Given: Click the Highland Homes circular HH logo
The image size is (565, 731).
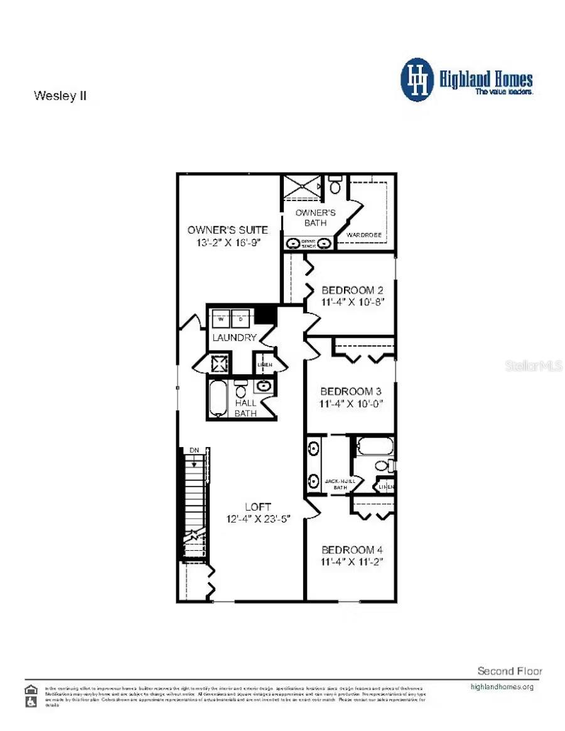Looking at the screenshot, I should (x=417, y=80).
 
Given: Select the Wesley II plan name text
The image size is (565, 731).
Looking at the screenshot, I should (x=60, y=96).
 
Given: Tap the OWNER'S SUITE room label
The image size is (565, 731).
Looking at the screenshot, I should (x=227, y=230).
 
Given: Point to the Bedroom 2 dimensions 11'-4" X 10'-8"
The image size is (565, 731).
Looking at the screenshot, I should (x=352, y=302).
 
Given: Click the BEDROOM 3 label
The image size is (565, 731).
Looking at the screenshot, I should (x=352, y=390).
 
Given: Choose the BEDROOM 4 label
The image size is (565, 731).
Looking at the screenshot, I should (x=352, y=550).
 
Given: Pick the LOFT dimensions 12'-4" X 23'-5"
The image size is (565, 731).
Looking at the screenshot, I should (x=258, y=519).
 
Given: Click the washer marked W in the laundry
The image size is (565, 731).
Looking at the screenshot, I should (x=221, y=319).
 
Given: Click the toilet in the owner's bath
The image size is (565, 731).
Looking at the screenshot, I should (x=335, y=186).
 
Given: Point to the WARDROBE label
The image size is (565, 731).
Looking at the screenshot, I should (x=364, y=235).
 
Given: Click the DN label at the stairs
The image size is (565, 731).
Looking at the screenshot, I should (x=194, y=451).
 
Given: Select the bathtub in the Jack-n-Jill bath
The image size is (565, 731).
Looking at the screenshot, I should (x=375, y=447).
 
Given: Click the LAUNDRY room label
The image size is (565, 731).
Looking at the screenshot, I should (x=234, y=338).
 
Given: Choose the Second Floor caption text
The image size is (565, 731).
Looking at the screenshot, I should (x=510, y=671).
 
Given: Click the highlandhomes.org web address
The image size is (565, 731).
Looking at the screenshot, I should (x=502, y=686).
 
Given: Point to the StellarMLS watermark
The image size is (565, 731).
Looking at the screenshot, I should (x=533, y=365).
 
